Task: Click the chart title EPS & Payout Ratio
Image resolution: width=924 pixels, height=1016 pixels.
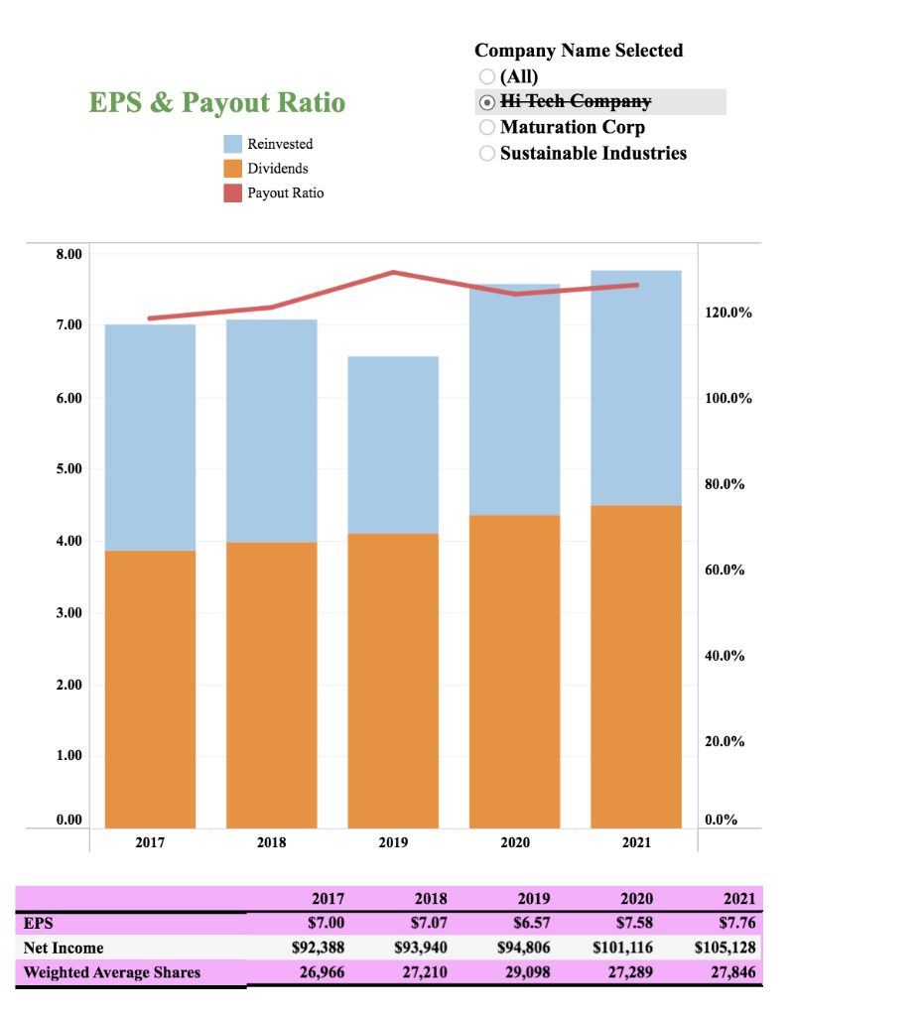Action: tap(217, 102)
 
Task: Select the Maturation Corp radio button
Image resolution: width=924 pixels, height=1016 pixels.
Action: tap(486, 127)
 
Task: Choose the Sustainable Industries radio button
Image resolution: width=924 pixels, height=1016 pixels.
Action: tap(486, 153)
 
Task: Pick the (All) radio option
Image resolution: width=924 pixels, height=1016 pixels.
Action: tap(486, 76)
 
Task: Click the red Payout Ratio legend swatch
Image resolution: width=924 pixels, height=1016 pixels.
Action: tap(233, 192)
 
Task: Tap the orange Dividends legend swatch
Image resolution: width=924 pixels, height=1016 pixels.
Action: tap(233, 169)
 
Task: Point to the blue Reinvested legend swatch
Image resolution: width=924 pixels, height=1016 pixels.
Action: tap(233, 144)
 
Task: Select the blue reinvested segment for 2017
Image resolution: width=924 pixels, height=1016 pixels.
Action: tap(150, 438)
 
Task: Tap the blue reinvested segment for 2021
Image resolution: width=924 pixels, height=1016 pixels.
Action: tap(636, 388)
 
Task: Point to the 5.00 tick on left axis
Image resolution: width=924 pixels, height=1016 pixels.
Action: tap(69, 468)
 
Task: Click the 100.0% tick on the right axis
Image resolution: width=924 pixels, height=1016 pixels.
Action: tap(728, 399)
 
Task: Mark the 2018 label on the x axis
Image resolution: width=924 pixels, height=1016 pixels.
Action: tap(271, 842)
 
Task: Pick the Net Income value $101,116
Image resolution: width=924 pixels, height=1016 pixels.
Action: tap(624, 948)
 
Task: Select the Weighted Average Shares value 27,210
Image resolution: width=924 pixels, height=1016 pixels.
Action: tap(426, 972)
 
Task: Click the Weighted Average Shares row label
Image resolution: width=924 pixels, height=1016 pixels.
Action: tap(112, 972)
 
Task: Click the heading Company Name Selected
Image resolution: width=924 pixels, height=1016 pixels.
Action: tap(579, 51)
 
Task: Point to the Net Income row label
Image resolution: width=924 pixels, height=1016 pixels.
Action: tap(64, 948)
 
